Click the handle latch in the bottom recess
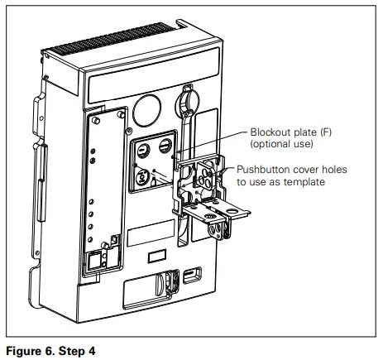[161, 285]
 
